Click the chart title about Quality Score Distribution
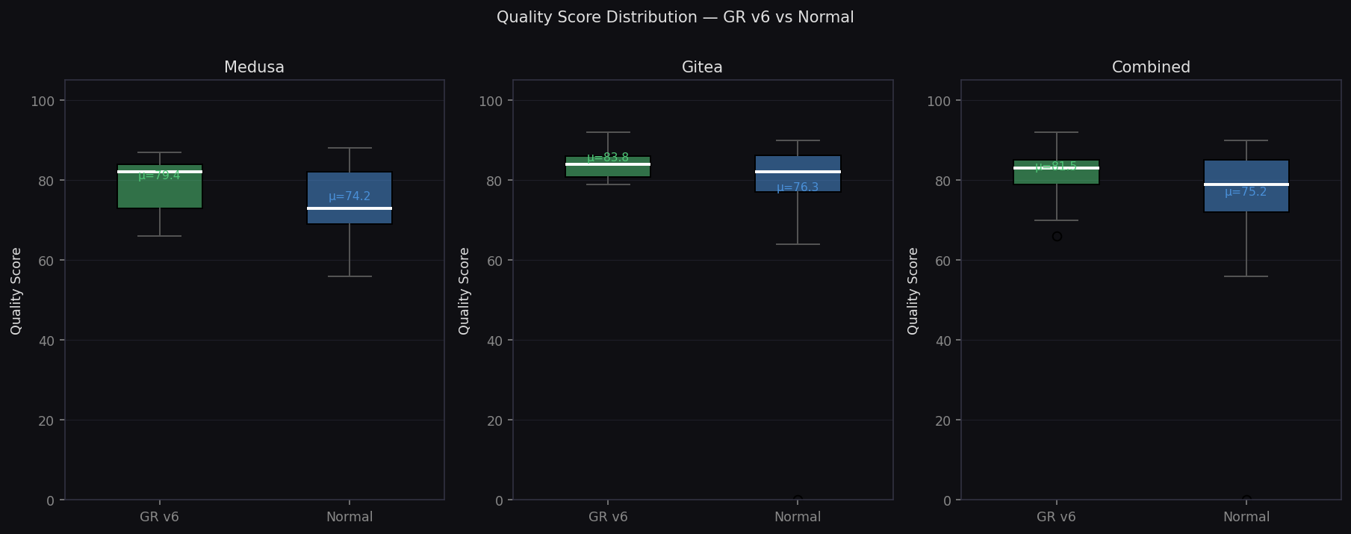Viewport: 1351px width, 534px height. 675,17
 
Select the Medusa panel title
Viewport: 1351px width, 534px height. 254,67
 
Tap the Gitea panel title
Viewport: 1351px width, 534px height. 702,67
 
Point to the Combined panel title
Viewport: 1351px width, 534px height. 1151,67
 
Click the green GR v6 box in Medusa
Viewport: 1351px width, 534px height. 160,193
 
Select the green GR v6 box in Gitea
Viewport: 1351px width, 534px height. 608,171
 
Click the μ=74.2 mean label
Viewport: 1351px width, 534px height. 350,196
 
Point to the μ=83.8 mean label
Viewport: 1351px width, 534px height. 608,158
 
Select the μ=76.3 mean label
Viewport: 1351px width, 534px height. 798,187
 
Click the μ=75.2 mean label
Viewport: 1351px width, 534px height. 1246,192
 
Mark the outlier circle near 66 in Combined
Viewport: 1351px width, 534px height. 1057,236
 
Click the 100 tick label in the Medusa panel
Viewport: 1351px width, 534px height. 43,101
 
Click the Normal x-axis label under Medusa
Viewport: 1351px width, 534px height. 350,517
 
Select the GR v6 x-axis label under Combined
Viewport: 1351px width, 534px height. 1056,517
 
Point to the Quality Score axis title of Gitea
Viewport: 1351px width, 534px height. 464,291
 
